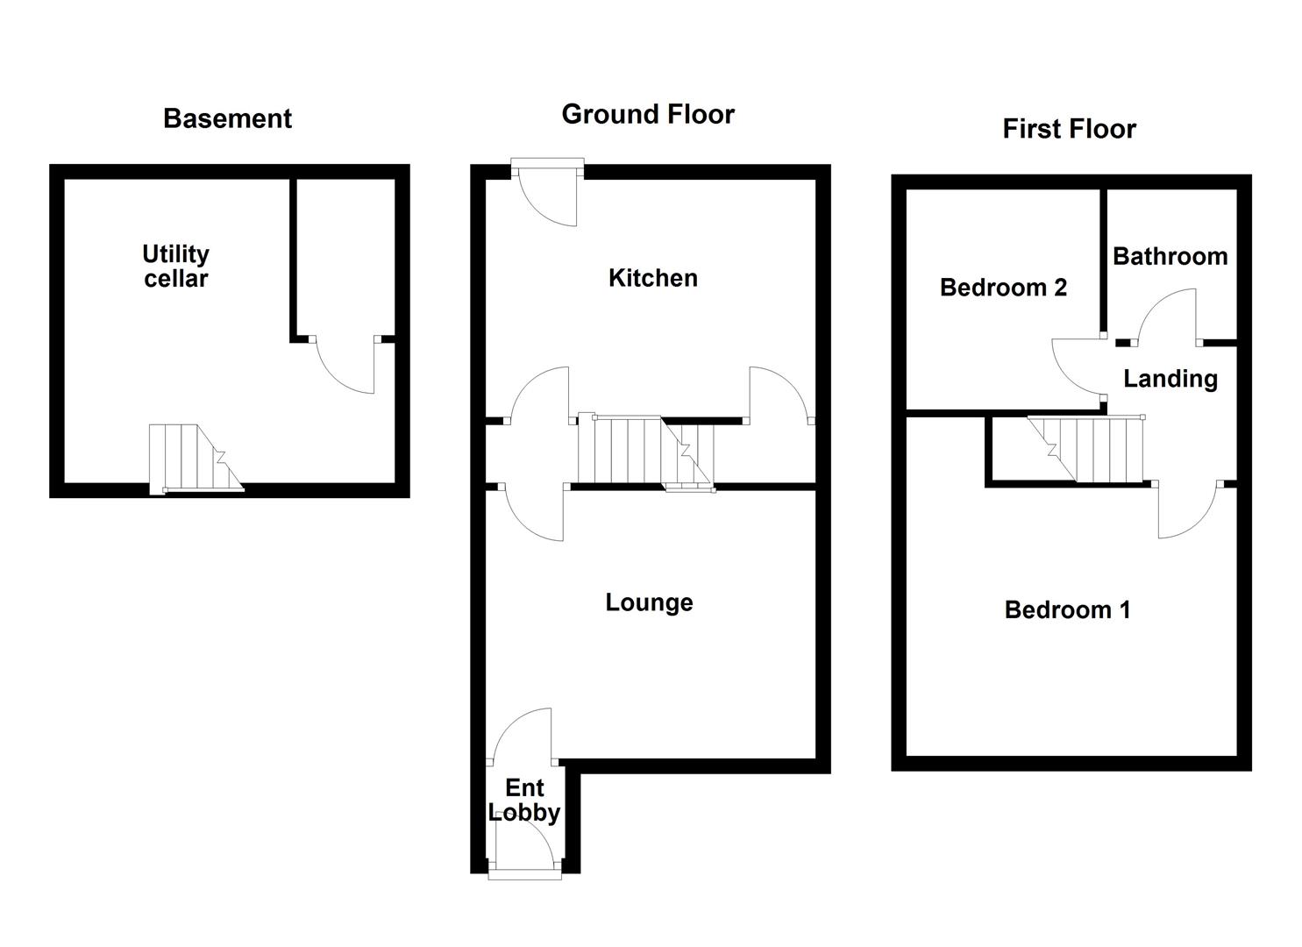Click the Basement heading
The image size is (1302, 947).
pyautogui.click(x=227, y=118)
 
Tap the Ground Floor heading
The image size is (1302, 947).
pyautogui.click(x=648, y=114)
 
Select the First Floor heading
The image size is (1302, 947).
pyautogui.click(x=1069, y=129)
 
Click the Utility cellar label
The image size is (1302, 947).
pyautogui.click(x=175, y=267)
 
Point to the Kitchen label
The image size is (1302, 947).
pyautogui.click(x=653, y=278)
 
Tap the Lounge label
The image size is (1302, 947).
pyautogui.click(x=649, y=602)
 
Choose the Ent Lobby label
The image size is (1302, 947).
pyautogui.click(x=524, y=800)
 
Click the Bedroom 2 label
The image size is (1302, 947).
pyautogui.click(x=1003, y=288)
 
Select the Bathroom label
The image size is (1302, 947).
pyautogui.click(x=1170, y=256)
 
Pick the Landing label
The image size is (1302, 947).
pyautogui.click(x=1170, y=379)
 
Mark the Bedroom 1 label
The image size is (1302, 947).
pyautogui.click(x=1067, y=609)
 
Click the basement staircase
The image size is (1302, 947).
pyautogui.click(x=195, y=458)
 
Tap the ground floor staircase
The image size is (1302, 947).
pyautogui.click(x=645, y=451)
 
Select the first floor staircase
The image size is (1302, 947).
pyautogui.click(x=1087, y=449)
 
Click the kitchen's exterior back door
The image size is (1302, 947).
pyautogui.click(x=548, y=195)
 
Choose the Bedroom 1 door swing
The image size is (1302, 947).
pyautogui.click(x=1187, y=509)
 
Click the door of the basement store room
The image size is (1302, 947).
pyautogui.click(x=346, y=364)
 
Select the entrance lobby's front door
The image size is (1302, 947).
pyautogui.click(x=524, y=851)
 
